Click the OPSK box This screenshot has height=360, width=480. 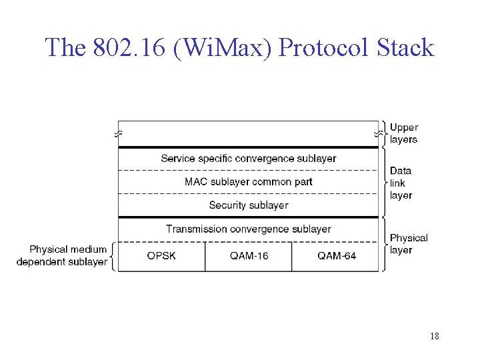tap(161, 256)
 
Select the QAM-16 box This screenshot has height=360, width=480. tap(249, 256)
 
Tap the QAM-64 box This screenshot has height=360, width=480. tap(336, 256)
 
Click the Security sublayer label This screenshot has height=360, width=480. tap(249, 205)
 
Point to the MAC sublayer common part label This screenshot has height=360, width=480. tap(249, 182)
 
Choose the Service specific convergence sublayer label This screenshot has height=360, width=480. tap(249, 159)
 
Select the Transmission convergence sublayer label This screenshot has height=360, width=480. tap(249, 229)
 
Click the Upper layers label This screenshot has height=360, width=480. tap(404, 133)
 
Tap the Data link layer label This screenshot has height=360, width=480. tap(401, 183)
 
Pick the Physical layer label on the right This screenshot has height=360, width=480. tap(409, 244)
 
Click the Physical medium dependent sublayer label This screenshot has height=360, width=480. tap(62, 256)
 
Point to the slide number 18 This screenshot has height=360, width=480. tap(435, 336)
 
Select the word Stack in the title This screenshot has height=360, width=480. tap(405, 48)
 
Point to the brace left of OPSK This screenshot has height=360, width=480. tap(112, 256)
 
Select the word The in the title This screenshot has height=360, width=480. tap(64, 48)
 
